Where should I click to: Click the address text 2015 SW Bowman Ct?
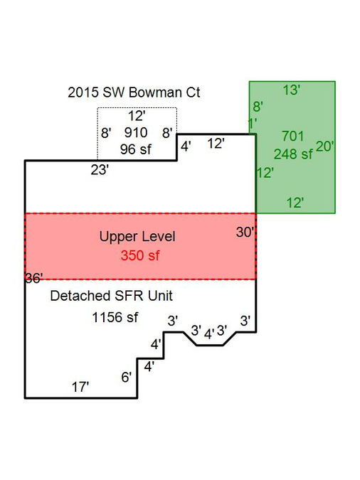[134, 92]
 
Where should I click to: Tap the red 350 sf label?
[140, 255]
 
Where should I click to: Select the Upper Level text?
[137, 237]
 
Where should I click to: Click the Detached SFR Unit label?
[111, 296]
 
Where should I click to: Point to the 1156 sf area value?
[115, 317]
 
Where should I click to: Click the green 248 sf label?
[293, 154]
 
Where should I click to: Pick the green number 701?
[292, 137]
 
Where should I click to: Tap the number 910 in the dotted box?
[136, 132]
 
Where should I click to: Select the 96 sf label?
[135, 149]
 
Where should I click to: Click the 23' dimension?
[100, 170]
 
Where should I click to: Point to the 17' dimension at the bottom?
[80, 388]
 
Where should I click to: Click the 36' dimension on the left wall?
[33, 279]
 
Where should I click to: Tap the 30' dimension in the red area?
[245, 233]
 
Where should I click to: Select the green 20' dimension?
[324, 146]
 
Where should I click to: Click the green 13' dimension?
[291, 90]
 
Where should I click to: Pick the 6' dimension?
[126, 378]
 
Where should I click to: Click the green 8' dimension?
[258, 107]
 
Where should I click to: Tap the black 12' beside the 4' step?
[216, 144]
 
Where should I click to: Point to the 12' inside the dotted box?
[137, 116]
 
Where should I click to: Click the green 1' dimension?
[253, 124]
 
